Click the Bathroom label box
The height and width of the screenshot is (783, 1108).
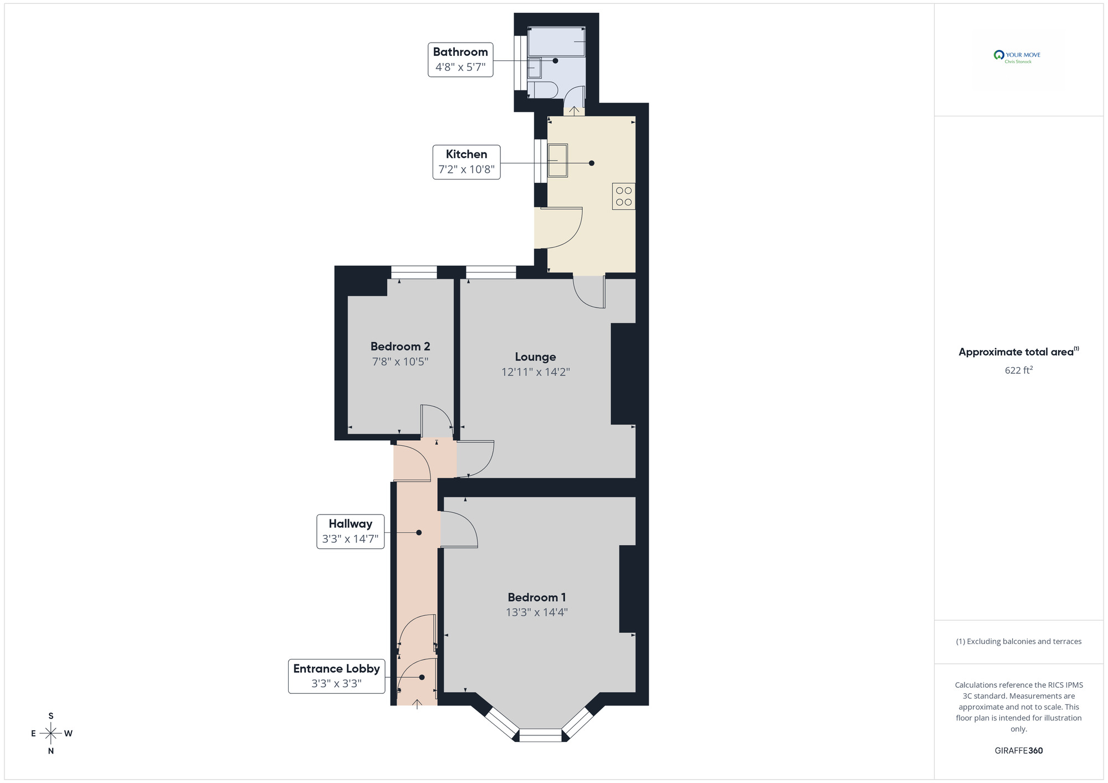click(x=460, y=59)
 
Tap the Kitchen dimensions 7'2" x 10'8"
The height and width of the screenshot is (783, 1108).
click(x=466, y=169)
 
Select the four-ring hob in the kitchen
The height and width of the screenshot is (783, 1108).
click(x=624, y=197)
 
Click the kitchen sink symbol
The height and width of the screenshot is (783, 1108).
click(x=558, y=161)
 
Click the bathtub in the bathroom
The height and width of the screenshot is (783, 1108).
click(x=556, y=42)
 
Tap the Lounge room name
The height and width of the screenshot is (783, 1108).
click(x=535, y=357)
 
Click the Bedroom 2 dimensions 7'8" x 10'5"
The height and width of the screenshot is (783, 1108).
click(x=400, y=362)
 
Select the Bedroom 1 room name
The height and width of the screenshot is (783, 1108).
click(x=536, y=597)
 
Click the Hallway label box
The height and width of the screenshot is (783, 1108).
click(x=350, y=532)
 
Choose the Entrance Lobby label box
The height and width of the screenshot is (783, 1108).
click(x=336, y=676)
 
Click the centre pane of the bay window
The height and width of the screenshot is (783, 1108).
click(x=540, y=735)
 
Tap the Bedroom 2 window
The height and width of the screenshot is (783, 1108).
click(x=414, y=272)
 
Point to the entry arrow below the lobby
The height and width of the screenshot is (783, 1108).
click(x=417, y=704)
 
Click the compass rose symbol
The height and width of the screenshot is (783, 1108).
click(x=51, y=734)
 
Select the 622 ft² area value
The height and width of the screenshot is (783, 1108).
click(x=1018, y=370)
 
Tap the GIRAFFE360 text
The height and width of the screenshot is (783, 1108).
click(x=1018, y=751)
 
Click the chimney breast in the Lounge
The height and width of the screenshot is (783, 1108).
click(x=623, y=374)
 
